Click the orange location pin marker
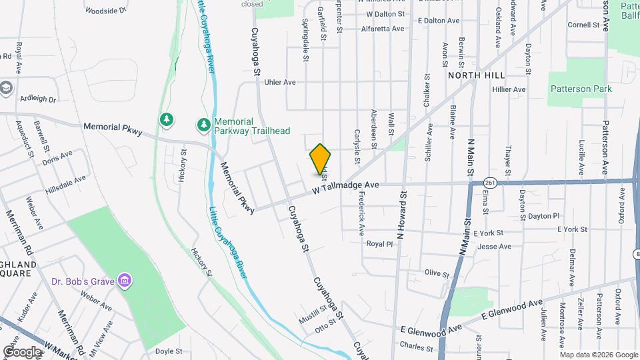[321, 159]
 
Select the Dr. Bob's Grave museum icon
[124, 281]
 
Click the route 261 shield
[491, 181]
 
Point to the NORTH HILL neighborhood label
[473, 75]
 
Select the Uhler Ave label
[280, 83]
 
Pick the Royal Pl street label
[380, 244]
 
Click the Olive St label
[437, 273]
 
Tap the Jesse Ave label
[495, 247]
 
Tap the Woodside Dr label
[105, 11]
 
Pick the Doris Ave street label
[57, 158]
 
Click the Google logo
[22, 351]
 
